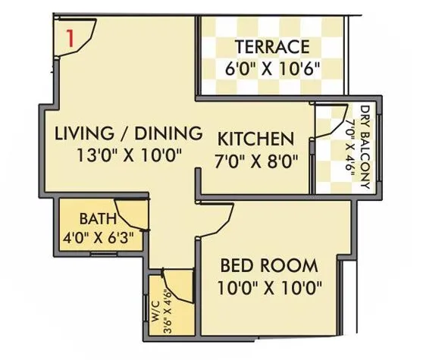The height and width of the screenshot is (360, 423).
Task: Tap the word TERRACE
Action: click(271, 46)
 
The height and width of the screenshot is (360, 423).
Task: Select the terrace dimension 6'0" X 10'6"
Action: click(271, 68)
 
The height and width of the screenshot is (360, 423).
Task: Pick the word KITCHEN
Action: click(255, 139)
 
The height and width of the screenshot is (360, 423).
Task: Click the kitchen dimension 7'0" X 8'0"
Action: click(255, 161)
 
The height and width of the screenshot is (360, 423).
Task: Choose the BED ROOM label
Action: click(269, 266)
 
